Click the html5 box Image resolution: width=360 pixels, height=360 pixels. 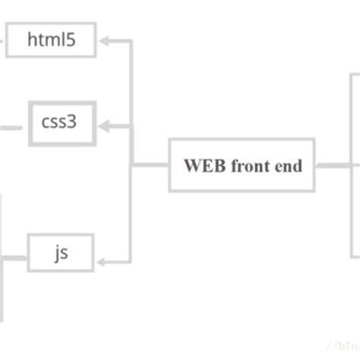52,40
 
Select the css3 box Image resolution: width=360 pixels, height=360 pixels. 62,122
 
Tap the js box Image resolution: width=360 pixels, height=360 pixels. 61,252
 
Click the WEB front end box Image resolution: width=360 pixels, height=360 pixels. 242,165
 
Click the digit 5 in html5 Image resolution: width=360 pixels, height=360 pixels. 71,40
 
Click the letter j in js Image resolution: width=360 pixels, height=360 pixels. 56,253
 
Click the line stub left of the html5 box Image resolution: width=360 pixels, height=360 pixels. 2,40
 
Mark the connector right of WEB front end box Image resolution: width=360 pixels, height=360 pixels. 333,165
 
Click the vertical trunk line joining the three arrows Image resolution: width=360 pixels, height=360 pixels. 131,152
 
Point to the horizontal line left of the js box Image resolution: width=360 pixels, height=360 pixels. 15,257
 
